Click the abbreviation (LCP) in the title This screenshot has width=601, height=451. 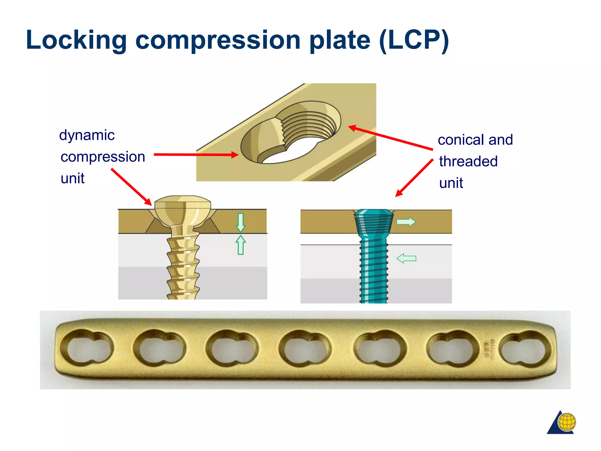coord(414,40)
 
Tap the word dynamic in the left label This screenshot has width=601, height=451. coord(87,135)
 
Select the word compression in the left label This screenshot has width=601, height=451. coord(103,156)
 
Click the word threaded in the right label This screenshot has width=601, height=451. coord(468,161)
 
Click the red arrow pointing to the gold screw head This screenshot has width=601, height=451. coord(131,187)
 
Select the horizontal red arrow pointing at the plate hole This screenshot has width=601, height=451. coord(196,154)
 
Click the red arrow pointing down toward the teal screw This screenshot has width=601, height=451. coord(414,178)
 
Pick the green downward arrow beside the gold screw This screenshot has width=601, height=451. coord(241,223)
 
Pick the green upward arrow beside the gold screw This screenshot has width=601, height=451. coord(241,245)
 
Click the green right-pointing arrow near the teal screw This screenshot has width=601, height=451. coord(406,222)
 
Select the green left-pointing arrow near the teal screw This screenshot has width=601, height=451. coord(406,258)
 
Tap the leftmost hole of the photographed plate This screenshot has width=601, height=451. coord(87,348)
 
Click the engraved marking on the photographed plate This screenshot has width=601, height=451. coord(489,349)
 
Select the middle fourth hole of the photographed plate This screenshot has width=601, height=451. coord(305,349)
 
